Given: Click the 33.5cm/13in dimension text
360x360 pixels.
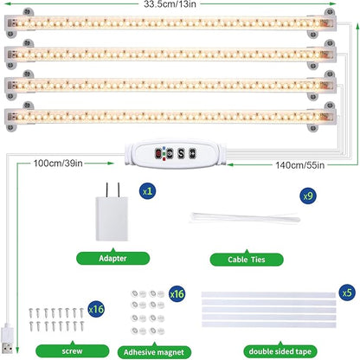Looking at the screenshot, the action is click(x=170, y=4).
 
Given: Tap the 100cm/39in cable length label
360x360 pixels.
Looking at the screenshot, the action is click(x=58, y=164).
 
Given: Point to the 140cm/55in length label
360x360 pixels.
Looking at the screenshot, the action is click(x=299, y=165).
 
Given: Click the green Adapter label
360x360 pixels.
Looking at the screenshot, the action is click(x=112, y=258).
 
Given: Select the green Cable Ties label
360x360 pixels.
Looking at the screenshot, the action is click(x=247, y=260).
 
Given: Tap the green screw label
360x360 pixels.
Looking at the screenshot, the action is click(x=72, y=351).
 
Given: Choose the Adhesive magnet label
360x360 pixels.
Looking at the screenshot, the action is click(x=154, y=352).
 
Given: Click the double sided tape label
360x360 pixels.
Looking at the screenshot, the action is click(x=280, y=351).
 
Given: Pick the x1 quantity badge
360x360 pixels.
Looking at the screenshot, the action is click(x=147, y=191).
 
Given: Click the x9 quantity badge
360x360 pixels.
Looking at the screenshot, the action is click(x=308, y=196).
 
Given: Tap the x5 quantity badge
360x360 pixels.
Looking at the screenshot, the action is click(x=347, y=292).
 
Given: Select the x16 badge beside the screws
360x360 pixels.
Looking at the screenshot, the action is click(x=96, y=309).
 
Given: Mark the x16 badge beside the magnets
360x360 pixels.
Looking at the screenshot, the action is click(x=177, y=294).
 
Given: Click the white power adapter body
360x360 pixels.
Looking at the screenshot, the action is click(x=112, y=218).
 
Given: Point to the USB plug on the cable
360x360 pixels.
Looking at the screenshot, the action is click(x=7, y=339).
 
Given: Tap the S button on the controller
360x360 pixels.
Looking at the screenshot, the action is click(x=181, y=153).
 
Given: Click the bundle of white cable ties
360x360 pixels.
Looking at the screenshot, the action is click(x=245, y=218).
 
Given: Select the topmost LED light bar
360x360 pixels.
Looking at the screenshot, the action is click(x=170, y=23).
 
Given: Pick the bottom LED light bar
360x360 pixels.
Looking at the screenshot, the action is click(x=170, y=117).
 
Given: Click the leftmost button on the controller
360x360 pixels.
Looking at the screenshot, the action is click(x=158, y=153).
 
